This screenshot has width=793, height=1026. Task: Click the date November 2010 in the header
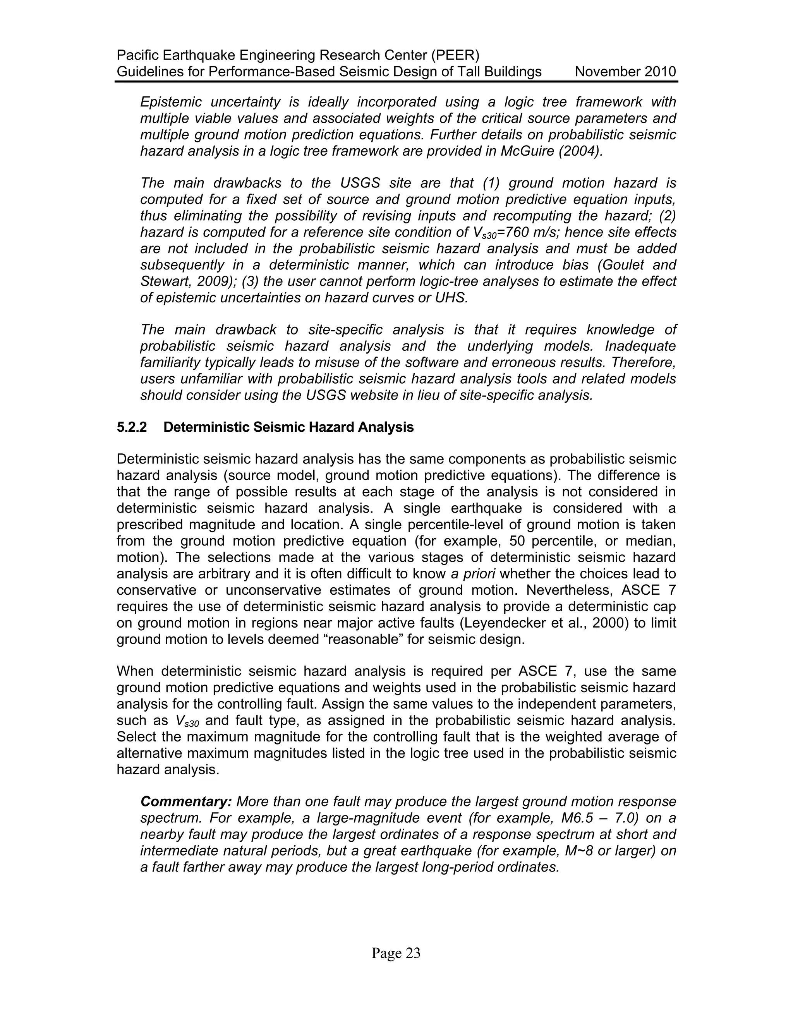[625, 72]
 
